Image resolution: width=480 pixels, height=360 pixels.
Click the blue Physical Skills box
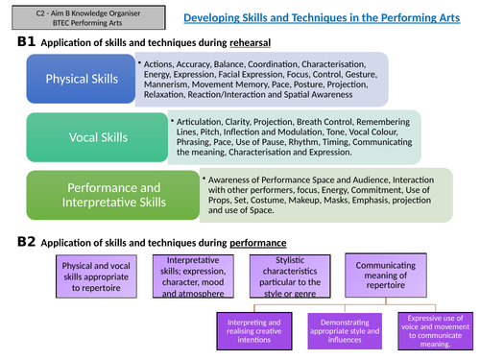point(78,79)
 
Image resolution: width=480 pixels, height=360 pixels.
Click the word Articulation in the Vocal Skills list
point(200,122)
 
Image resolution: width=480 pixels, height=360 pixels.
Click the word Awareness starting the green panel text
point(234,179)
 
